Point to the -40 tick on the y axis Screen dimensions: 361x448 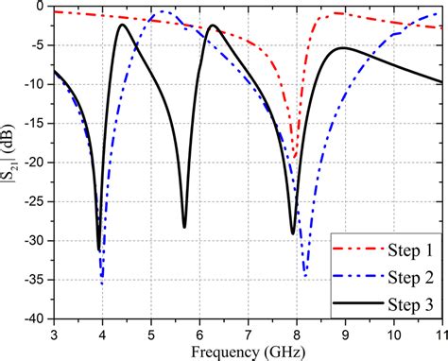[x=35, y=319]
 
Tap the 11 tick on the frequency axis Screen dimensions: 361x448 [x=439, y=334]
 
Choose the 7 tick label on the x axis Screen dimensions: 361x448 [x=248, y=334]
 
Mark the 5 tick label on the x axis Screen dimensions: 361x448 [x=151, y=334]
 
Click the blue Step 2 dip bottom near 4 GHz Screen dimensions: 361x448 [x=102, y=283]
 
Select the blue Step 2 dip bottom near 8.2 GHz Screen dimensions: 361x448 [x=304, y=275]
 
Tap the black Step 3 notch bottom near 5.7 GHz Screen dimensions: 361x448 [x=184, y=227]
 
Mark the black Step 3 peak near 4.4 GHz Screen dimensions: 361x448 [x=122, y=25]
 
